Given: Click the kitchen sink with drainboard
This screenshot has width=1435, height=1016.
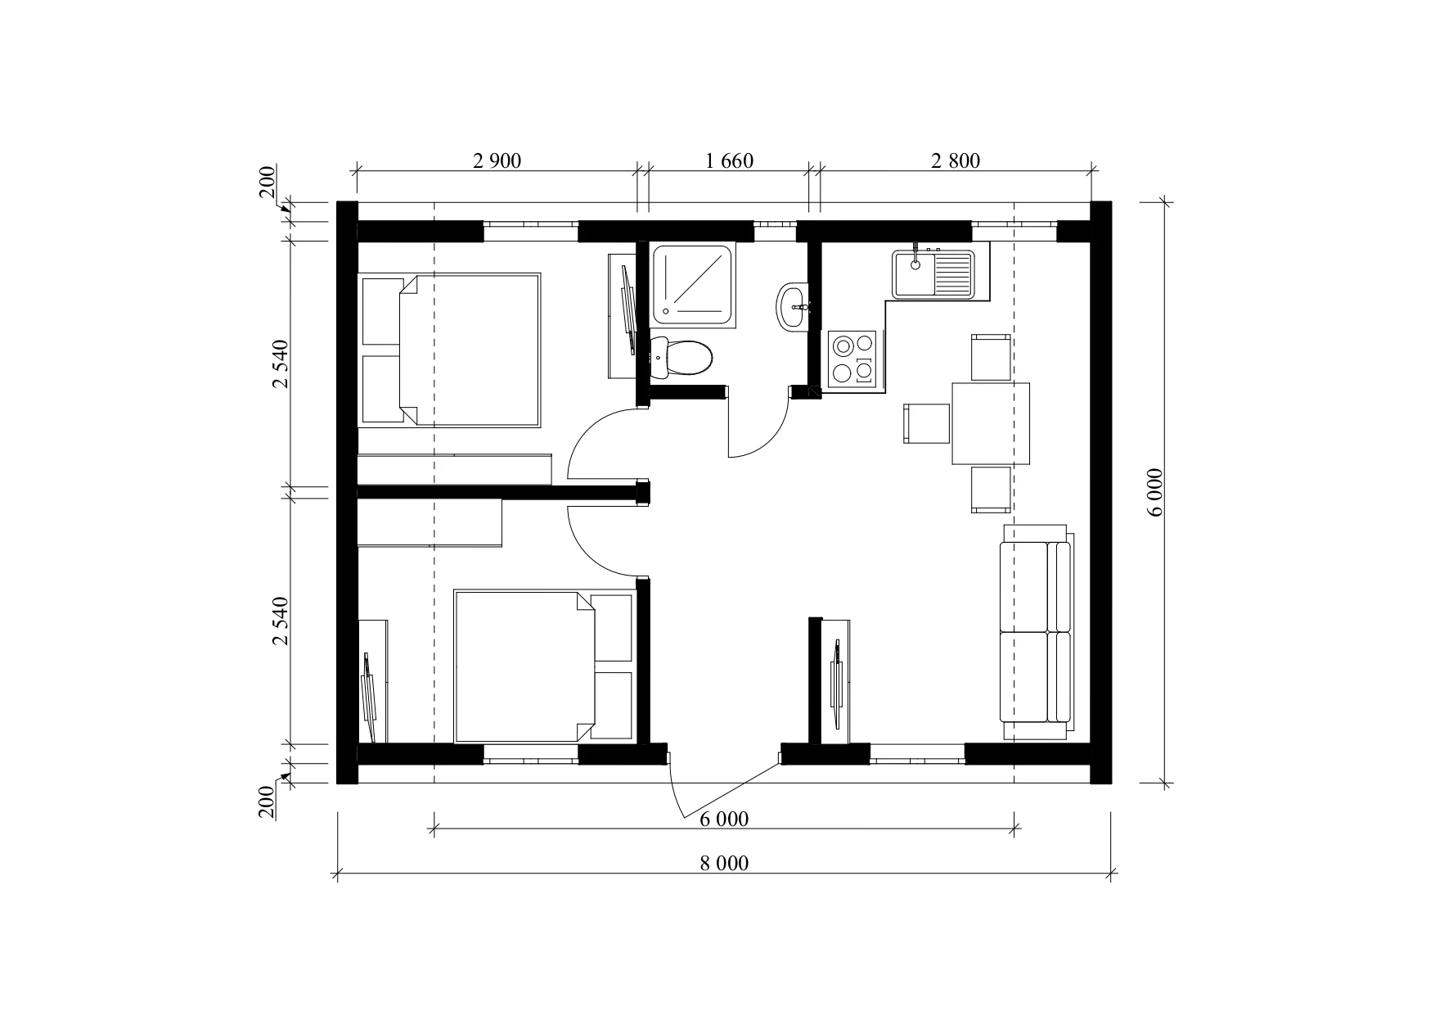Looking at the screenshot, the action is [x=933, y=274].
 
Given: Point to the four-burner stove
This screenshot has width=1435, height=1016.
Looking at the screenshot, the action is [x=852, y=359].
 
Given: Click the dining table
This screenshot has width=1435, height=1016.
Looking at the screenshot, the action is [x=991, y=423].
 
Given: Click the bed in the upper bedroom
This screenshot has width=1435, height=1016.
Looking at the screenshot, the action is [x=451, y=350].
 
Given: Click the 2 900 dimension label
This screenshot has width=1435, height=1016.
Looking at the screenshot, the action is [x=497, y=160].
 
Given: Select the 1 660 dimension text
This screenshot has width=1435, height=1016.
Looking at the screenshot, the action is [x=729, y=160].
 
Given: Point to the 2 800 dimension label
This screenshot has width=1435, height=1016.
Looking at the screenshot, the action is [x=956, y=160].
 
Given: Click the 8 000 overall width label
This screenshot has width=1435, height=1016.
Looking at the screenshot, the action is [x=724, y=863].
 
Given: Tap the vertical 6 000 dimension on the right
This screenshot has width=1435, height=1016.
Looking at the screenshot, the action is [x=1154, y=492].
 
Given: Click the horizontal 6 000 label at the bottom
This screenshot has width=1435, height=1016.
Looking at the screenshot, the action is [x=724, y=819].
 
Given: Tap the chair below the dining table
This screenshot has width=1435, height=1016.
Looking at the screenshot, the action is [x=991, y=490].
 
